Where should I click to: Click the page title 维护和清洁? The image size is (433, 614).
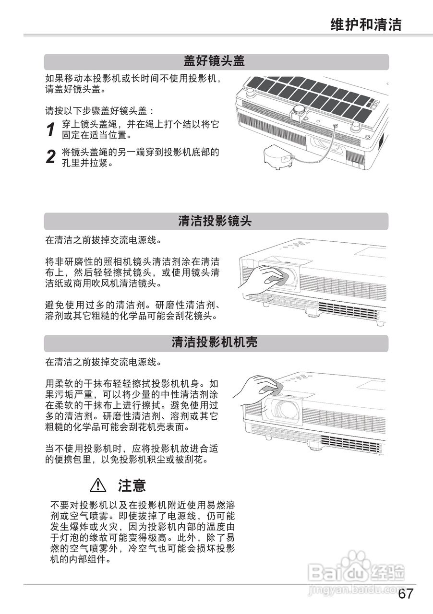click(366, 24)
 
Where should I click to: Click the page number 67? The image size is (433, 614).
click(406, 594)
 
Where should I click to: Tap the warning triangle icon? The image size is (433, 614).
click(98, 486)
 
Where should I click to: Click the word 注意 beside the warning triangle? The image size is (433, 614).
click(132, 486)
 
